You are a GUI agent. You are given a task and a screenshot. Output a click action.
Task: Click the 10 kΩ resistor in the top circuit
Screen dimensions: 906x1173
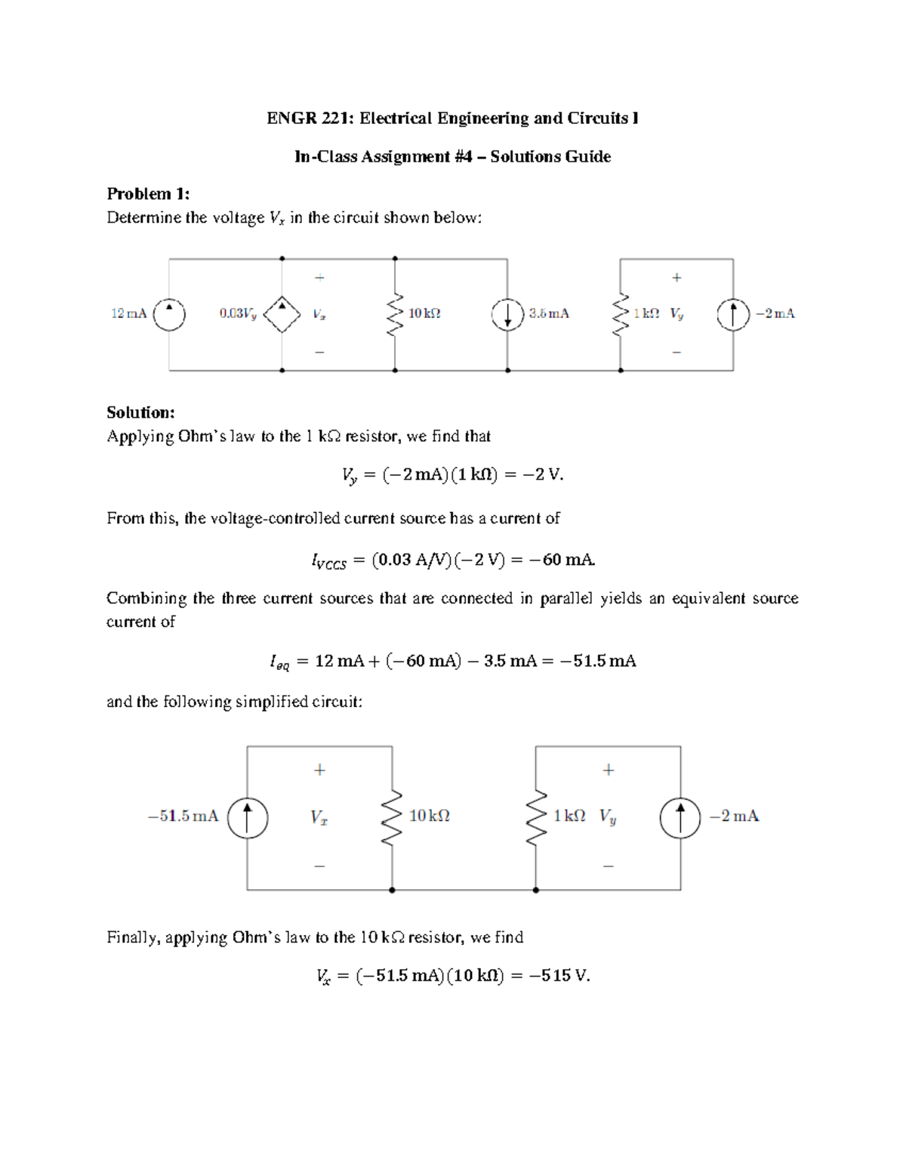(x=394, y=314)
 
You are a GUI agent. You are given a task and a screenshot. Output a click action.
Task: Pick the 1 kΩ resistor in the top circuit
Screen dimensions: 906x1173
(x=621, y=314)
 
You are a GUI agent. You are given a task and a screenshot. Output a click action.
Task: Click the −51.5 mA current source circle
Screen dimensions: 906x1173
(x=247, y=817)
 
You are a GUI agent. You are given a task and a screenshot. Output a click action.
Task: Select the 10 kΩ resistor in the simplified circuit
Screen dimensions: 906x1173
(x=392, y=817)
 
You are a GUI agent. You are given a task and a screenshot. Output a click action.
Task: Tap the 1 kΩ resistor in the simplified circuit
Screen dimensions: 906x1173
(x=536, y=817)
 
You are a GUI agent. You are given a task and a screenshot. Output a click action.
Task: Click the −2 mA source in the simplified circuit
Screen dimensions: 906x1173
(x=679, y=817)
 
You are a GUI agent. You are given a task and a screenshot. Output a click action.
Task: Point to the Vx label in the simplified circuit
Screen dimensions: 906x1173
(x=319, y=817)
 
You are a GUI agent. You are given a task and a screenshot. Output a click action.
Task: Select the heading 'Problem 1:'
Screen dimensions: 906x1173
(x=148, y=194)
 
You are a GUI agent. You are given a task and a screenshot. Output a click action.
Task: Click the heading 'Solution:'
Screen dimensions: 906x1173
(x=140, y=412)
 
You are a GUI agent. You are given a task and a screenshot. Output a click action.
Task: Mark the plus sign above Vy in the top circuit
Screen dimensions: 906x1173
(x=676, y=278)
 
